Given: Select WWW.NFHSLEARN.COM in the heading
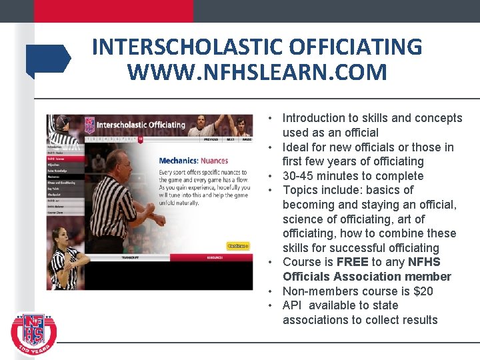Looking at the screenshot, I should (x=257, y=71).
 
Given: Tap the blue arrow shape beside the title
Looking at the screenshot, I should (x=48, y=59).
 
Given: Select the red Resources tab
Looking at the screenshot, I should (x=215, y=257).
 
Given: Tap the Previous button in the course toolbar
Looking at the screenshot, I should (x=211, y=139).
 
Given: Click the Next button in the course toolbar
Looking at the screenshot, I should (x=230, y=139).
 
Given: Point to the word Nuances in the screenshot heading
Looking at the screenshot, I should (x=213, y=161).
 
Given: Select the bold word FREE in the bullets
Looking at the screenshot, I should (x=353, y=262).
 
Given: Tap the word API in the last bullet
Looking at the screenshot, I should (x=291, y=305).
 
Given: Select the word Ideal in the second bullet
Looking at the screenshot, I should (x=295, y=147).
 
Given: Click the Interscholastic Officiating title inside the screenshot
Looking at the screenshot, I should (x=141, y=125).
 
